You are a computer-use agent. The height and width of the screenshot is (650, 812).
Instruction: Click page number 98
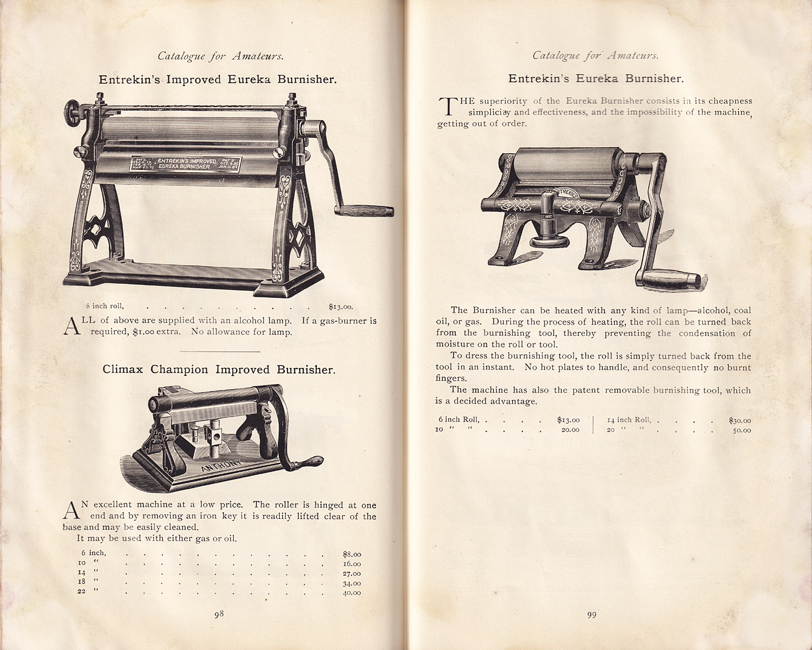tap(218, 614)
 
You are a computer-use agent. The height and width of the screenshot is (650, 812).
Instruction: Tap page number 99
tap(591, 614)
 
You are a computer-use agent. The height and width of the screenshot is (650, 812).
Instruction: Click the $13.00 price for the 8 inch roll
tap(340, 306)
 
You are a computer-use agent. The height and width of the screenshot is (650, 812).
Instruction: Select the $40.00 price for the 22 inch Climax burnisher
tap(352, 593)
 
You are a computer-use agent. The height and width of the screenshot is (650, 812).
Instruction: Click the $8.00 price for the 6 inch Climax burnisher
tap(352, 554)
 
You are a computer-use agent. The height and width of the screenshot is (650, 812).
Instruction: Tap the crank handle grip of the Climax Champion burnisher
tap(312, 462)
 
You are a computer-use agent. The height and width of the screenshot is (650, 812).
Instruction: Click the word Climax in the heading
tap(123, 369)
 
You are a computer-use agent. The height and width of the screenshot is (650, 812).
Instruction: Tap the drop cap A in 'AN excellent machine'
tap(70, 510)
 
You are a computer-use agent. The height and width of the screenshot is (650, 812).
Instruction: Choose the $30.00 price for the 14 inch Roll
tap(739, 420)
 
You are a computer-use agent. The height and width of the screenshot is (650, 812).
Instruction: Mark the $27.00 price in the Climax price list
tap(352, 574)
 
